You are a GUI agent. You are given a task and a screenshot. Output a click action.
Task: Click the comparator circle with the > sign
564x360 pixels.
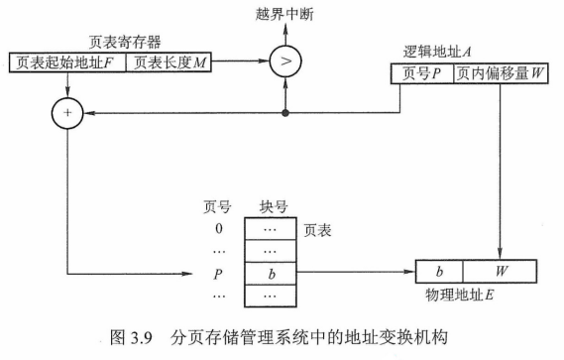(286, 62)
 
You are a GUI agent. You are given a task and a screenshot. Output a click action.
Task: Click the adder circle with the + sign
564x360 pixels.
(67, 113)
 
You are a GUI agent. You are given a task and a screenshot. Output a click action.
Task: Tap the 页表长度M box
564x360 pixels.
(169, 62)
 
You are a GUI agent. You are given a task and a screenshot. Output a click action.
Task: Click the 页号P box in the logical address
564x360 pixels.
(423, 72)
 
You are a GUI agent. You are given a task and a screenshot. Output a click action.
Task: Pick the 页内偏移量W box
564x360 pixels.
(496, 72)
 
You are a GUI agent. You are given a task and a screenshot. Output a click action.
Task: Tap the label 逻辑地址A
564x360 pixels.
(437, 52)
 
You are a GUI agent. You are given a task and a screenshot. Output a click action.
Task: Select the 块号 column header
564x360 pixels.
(274, 207)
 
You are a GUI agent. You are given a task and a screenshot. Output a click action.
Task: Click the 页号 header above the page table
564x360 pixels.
(217, 207)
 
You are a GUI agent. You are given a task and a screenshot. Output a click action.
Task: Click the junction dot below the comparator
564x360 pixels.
(286, 113)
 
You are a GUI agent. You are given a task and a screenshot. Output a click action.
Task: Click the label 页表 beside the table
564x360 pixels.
(319, 229)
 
